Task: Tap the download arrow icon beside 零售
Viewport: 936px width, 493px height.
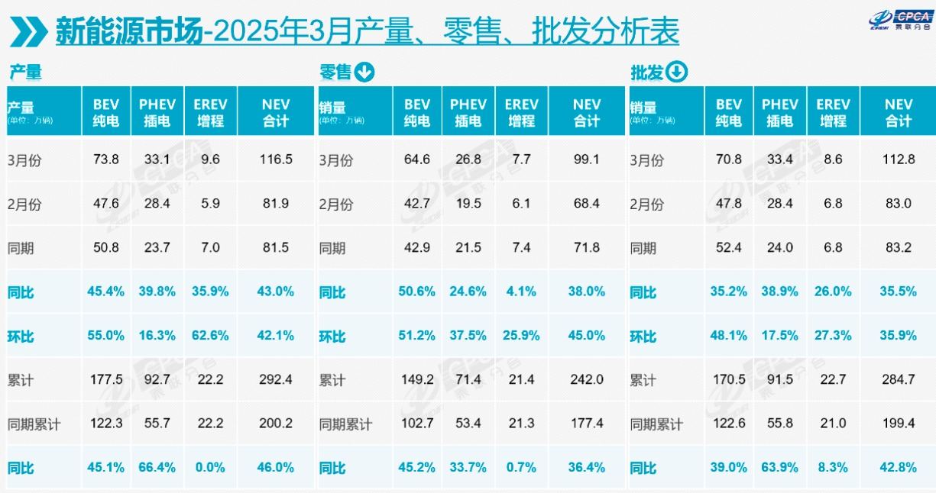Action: coord(364,72)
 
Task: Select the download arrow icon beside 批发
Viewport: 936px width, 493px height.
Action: coord(677,72)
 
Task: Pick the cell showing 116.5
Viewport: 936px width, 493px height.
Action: coord(276,159)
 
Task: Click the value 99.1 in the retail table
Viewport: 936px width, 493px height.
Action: coord(587,159)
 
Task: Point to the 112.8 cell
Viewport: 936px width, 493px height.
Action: coord(899,159)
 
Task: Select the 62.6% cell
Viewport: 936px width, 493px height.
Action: coord(209,336)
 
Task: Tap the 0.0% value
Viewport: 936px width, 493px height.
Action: coord(209,468)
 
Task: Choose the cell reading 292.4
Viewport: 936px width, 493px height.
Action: coord(276,379)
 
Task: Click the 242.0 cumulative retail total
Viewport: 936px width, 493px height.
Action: coord(587,379)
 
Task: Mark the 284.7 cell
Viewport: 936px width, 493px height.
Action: coord(899,379)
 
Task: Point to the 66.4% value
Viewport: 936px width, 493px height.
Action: coord(157,468)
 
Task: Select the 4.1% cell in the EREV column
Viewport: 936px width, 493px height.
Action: coord(521,292)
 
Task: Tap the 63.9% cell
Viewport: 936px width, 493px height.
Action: coord(779,468)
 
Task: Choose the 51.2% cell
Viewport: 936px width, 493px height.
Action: coord(417,336)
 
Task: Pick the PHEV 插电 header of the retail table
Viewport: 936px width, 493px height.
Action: coord(468,112)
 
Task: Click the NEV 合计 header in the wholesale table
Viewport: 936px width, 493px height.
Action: coord(899,112)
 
